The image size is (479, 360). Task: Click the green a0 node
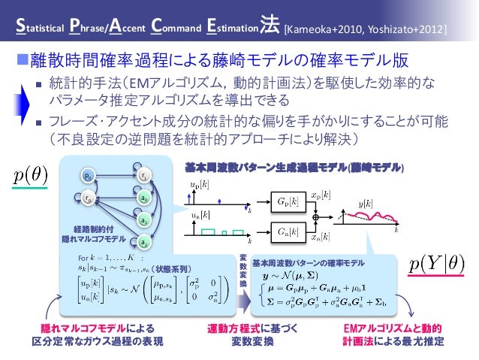[x=143, y=199]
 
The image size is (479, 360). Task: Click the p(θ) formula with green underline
[x=32, y=177]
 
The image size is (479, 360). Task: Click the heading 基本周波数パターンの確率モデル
[x=309, y=263]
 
